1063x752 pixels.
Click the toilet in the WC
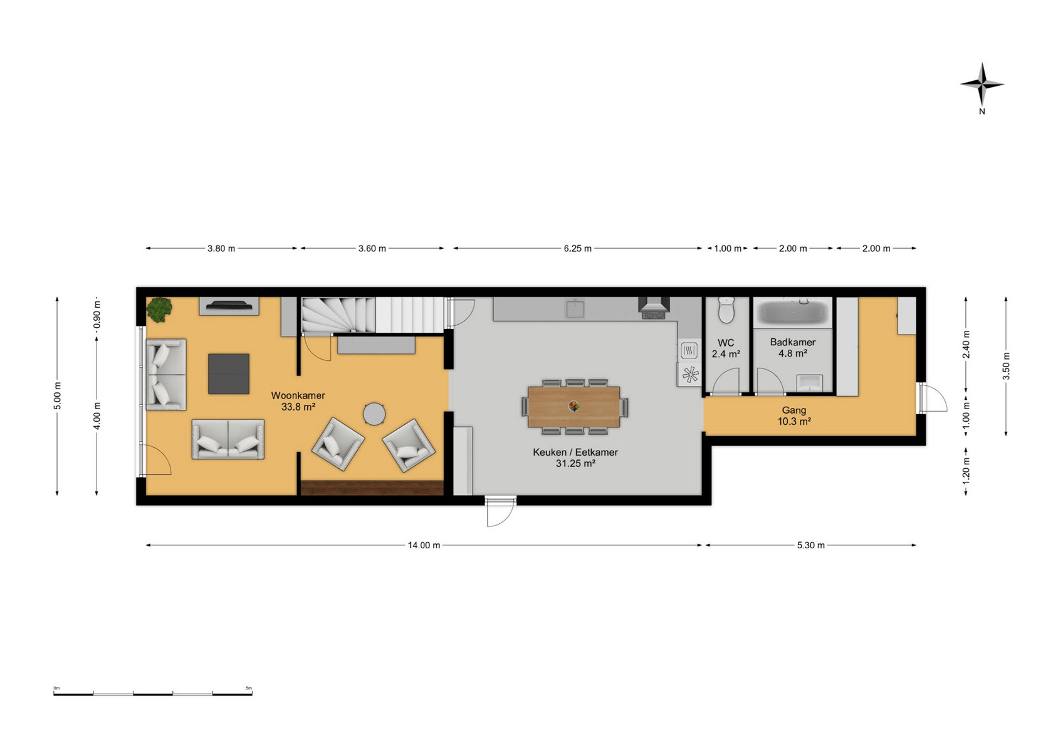[726, 310]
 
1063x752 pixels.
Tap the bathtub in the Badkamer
[793, 312]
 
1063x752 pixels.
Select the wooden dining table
[573, 407]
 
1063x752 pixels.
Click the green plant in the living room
[159, 310]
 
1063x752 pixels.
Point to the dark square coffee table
[229, 373]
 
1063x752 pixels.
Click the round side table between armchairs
[374, 414]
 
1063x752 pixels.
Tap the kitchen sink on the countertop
[575, 308]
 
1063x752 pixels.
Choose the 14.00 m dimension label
[424, 545]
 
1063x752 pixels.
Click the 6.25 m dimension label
[577, 248]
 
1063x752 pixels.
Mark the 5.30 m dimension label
[810, 545]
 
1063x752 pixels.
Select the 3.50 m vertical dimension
[1005, 366]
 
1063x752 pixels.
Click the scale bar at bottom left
[153, 693]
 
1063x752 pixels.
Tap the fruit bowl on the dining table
[574, 406]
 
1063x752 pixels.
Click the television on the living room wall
[229, 305]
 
